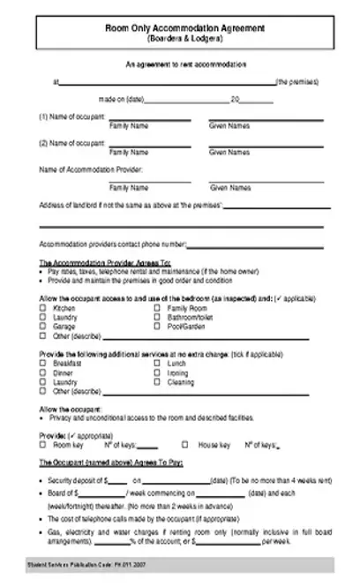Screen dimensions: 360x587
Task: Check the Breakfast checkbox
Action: point(43,364)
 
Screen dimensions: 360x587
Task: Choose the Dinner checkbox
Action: point(43,373)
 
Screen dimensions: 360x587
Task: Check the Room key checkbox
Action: point(43,446)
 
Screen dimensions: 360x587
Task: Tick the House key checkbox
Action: point(185,446)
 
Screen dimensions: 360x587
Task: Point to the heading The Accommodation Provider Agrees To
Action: point(104,263)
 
